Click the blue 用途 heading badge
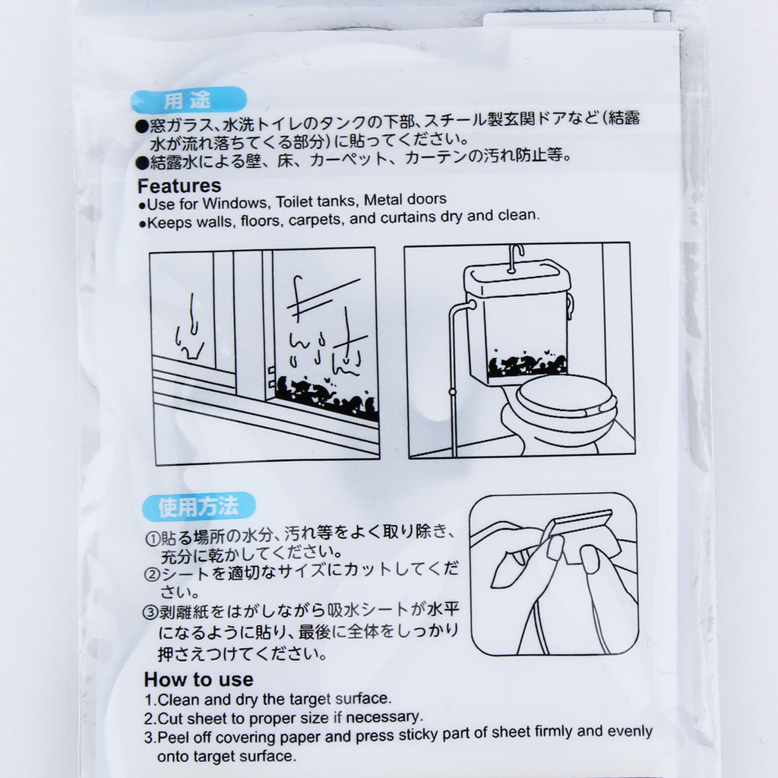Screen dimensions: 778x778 (x=188, y=100)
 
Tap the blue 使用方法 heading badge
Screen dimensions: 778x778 (x=198, y=506)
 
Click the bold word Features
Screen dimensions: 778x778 (x=179, y=186)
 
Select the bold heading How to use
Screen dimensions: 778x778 (x=198, y=679)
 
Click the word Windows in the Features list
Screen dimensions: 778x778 (x=235, y=203)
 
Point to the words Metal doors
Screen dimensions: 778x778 (x=405, y=200)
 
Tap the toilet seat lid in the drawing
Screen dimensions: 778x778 (x=565, y=395)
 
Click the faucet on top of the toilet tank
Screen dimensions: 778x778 (x=515, y=258)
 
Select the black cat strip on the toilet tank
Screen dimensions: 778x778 (x=527, y=365)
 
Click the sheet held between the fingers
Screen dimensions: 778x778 (x=580, y=536)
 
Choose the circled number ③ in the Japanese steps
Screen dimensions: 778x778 (x=150, y=612)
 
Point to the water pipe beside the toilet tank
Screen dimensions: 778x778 (x=454, y=377)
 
